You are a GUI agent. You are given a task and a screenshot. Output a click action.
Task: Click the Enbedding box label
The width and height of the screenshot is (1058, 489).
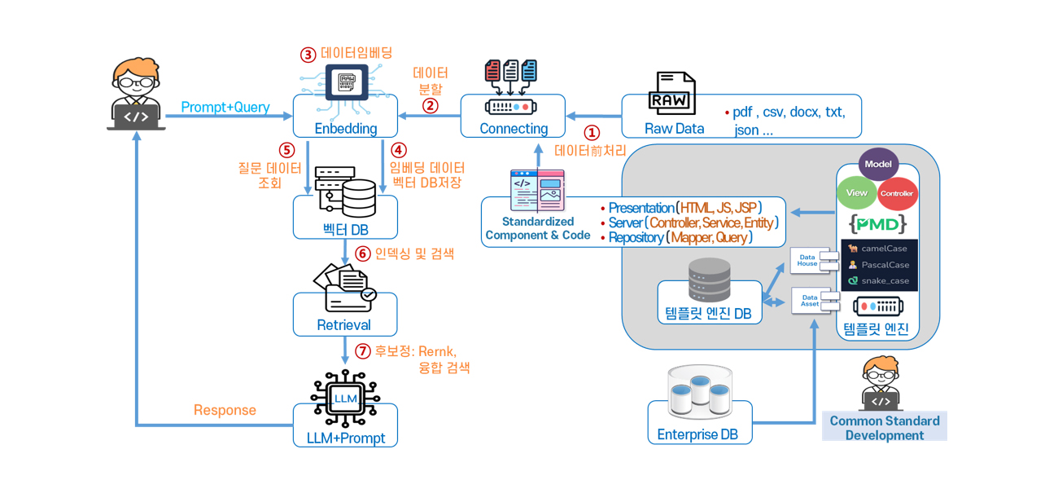(346, 129)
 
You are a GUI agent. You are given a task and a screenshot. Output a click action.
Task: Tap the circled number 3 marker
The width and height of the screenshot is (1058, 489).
(308, 55)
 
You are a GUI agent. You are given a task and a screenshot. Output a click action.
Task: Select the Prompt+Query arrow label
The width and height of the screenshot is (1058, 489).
(225, 108)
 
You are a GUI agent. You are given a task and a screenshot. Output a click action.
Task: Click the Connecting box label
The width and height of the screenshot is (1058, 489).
(514, 129)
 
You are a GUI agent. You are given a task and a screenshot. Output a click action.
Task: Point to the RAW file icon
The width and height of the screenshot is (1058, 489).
(671, 94)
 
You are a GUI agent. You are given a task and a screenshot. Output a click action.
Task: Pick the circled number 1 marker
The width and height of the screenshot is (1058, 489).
(592, 132)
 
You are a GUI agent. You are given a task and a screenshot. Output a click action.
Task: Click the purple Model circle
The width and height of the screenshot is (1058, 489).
(878, 164)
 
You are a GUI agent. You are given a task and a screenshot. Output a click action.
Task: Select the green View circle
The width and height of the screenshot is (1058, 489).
(857, 193)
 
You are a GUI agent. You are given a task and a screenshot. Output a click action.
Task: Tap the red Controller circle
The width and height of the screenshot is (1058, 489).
(897, 194)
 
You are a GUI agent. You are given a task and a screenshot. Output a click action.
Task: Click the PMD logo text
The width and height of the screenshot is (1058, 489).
(877, 223)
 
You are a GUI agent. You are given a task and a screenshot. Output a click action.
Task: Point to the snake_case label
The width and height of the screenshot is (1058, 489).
(885, 280)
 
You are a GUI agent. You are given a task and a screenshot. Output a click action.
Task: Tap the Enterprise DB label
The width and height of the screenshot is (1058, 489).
(697, 434)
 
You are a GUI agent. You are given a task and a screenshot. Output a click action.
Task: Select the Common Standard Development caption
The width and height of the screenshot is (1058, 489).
(884, 428)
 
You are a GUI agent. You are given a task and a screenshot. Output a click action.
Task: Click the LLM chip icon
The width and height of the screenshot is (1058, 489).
(346, 399)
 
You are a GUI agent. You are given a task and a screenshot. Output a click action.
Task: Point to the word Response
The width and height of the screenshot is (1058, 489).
(225, 410)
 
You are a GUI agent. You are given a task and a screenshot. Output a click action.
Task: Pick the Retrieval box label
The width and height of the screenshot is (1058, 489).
(344, 325)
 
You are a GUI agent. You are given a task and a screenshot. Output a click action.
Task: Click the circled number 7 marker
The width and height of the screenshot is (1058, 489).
(363, 351)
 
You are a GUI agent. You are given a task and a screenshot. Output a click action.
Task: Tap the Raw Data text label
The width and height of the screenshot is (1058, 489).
(674, 129)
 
